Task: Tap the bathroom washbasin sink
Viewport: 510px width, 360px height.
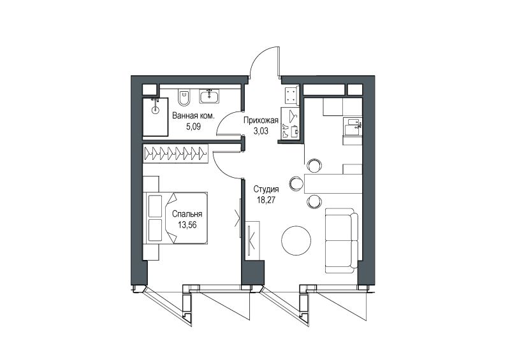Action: [210, 97]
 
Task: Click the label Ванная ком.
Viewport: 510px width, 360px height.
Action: [193, 115]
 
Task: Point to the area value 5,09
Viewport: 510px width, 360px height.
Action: [193, 126]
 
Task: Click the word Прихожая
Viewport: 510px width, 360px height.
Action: [261, 120]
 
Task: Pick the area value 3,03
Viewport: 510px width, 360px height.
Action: [261, 131]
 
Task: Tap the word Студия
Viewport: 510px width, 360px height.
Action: [266, 189]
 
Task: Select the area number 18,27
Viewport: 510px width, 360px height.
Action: [266, 199]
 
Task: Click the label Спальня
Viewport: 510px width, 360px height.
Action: [187, 213]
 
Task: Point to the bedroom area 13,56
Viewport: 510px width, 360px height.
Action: [187, 224]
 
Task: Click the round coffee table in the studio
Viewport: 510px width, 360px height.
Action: [296, 241]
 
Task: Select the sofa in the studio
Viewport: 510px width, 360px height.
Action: [342, 241]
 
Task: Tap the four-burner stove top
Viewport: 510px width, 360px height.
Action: [292, 95]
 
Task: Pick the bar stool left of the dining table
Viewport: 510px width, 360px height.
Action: [296, 183]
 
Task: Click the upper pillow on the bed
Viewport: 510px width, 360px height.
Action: [155, 206]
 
